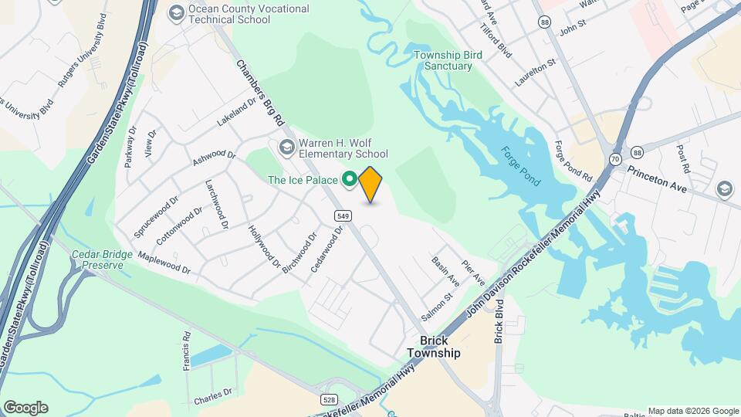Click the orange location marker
[x=370, y=184]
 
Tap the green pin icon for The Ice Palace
[x=349, y=180]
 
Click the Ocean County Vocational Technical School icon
[x=177, y=13]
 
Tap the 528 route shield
[x=330, y=398]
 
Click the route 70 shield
[x=615, y=159]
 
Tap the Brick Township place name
[x=434, y=347]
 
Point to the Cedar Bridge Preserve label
[x=97, y=259]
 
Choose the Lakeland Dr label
[x=235, y=116]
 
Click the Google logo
[x=25, y=408]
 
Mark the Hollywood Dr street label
[x=264, y=246]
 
